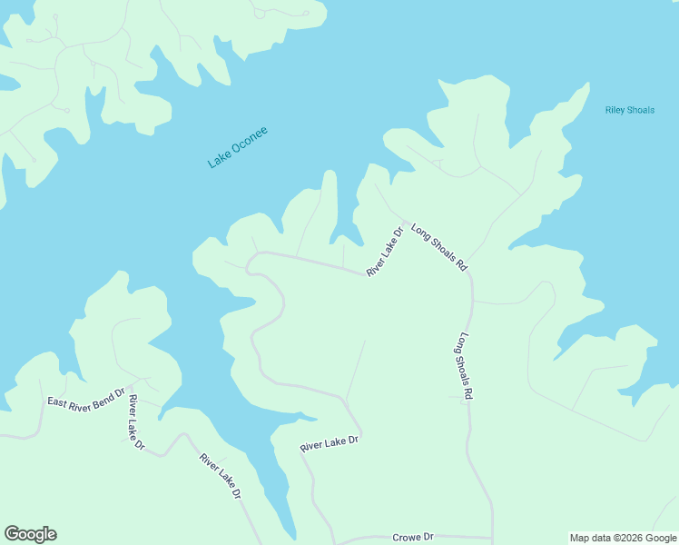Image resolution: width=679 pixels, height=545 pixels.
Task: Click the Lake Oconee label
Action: pyautogui.click(x=238, y=148)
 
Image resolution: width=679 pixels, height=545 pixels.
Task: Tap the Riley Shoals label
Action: pyautogui.click(x=629, y=111)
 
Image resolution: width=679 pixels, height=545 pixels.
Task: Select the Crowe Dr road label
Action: pyautogui.click(x=414, y=538)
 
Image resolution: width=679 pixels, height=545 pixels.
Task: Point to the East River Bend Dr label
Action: pyautogui.click(x=85, y=401)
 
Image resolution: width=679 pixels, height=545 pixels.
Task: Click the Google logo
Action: pyautogui.click(x=30, y=534)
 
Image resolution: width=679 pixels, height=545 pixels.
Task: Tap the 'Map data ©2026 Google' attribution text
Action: pyautogui.click(x=623, y=538)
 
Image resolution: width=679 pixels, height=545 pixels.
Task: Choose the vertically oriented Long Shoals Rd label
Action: pyautogui.click(x=466, y=368)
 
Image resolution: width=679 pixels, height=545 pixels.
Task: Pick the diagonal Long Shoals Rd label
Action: pyautogui.click(x=439, y=247)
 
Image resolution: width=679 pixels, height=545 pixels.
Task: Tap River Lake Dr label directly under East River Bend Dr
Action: pyautogui.click(x=136, y=422)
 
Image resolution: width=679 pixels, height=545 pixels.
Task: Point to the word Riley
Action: pyautogui.click(x=616, y=111)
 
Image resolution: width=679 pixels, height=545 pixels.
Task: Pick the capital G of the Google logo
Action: pyautogui.click(x=13, y=534)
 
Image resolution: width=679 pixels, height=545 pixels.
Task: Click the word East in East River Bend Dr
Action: pyautogui.click(x=58, y=401)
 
